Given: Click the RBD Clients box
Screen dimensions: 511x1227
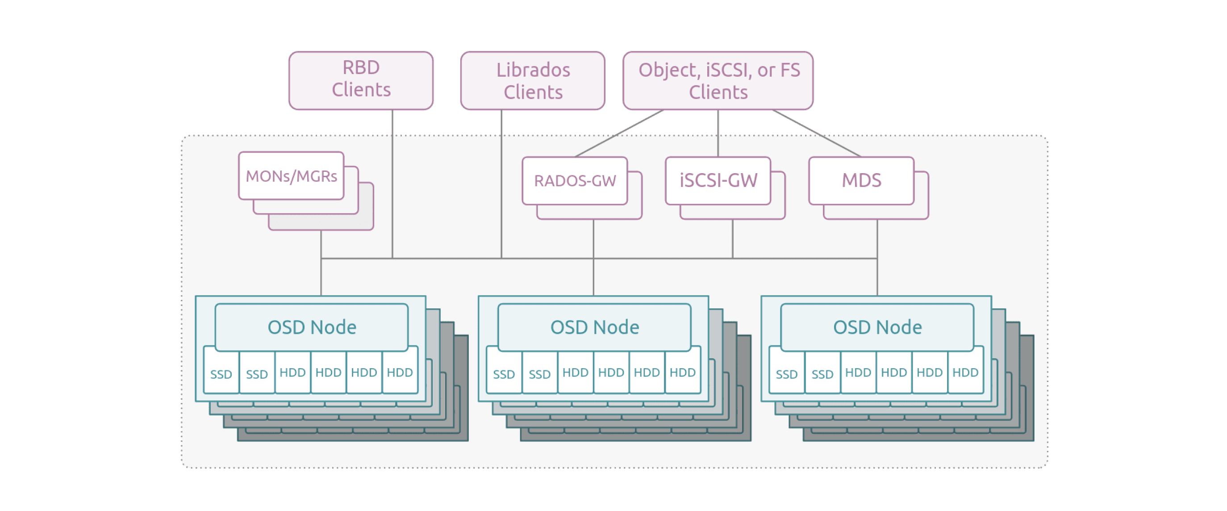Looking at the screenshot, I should [x=361, y=80].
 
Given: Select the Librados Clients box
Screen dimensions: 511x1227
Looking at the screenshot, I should [x=533, y=80].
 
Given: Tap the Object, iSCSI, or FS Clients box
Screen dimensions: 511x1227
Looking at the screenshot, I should [x=718, y=80].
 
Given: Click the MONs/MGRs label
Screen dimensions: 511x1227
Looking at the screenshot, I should [x=291, y=176].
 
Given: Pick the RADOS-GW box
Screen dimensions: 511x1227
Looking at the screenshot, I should [x=575, y=181].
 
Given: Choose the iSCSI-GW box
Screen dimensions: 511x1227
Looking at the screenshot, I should [x=718, y=181].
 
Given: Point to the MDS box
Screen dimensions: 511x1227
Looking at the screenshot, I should [x=861, y=181].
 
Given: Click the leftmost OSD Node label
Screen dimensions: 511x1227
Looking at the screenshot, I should [x=312, y=327].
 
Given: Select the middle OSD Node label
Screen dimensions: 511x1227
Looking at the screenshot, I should [x=594, y=327].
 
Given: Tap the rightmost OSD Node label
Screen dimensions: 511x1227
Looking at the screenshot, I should [x=877, y=327].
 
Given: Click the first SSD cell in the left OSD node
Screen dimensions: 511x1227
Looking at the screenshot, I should [x=221, y=374].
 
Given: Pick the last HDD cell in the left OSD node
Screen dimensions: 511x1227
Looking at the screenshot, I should [x=400, y=372].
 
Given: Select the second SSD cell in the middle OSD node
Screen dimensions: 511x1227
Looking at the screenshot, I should [x=539, y=374].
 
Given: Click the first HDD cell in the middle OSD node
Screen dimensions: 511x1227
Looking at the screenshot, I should [x=575, y=372].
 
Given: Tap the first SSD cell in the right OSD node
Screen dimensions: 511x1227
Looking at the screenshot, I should [x=786, y=374].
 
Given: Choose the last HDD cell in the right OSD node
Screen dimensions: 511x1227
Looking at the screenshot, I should [x=965, y=372].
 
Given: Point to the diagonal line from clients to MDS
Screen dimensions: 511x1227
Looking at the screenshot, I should [x=817, y=134].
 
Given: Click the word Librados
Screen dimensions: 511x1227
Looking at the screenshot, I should [x=533, y=70].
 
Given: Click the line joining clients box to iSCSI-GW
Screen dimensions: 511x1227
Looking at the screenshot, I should [x=718, y=134].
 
